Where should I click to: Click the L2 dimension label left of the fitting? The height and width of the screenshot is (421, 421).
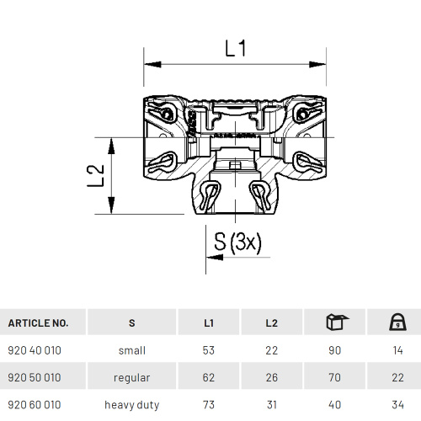99,174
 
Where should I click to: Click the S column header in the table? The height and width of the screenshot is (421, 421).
131,322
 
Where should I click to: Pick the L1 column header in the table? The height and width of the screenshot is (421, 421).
209,322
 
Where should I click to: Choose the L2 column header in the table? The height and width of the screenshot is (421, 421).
271,322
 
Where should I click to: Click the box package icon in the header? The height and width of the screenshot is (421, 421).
334,322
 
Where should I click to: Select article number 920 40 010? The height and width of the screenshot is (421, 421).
34,350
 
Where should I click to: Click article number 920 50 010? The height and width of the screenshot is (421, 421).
34,377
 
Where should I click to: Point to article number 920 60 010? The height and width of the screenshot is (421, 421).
34,405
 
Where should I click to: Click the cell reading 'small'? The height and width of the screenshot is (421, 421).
131,350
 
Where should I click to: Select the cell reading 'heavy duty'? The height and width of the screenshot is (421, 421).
131,405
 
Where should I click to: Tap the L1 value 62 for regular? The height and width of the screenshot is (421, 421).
209,377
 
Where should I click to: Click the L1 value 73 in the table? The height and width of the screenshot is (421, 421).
209,405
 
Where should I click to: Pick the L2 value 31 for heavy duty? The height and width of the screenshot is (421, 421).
271,405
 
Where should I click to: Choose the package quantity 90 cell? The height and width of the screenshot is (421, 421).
334,350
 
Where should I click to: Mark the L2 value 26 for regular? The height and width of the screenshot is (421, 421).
271,377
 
